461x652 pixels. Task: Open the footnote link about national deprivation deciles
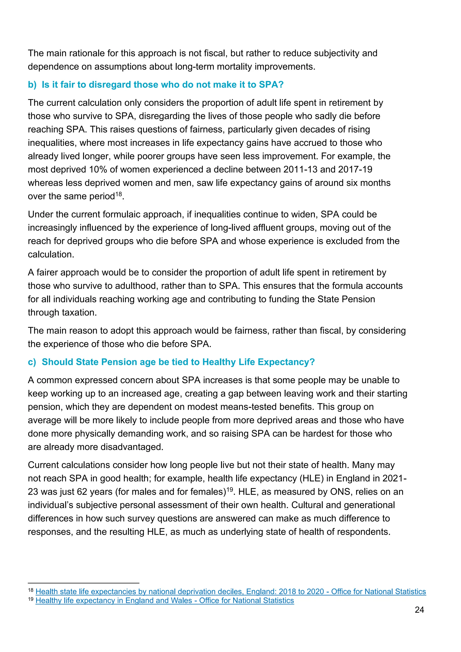[230, 591]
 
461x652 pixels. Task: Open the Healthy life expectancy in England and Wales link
[165, 600]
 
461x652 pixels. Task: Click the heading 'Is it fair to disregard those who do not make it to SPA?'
[162, 85]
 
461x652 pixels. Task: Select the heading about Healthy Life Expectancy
[178, 362]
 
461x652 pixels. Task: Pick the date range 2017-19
[355, 170]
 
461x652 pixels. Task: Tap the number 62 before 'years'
[81, 492]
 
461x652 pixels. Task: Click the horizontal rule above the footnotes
[84, 583]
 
